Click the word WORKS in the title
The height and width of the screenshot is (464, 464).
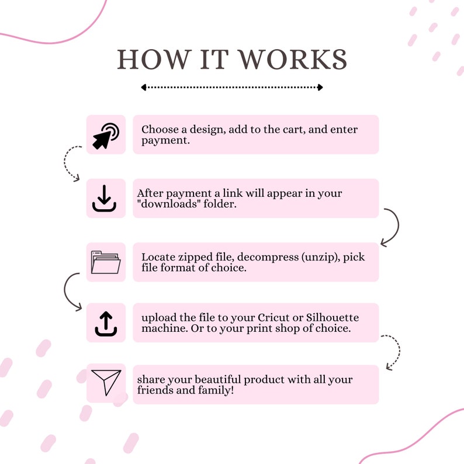(x=292, y=60)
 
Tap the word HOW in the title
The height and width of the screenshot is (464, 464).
(x=153, y=60)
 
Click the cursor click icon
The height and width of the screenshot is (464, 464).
(x=106, y=136)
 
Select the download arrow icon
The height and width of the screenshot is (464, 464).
(x=104, y=198)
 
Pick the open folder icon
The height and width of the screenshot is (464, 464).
(x=106, y=262)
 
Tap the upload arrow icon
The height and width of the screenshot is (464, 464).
(x=106, y=324)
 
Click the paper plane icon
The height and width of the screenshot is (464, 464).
(x=106, y=382)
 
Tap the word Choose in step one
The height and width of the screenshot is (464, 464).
(x=160, y=129)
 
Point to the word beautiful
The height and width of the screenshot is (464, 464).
(x=217, y=379)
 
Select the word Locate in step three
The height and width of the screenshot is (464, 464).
(x=158, y=257)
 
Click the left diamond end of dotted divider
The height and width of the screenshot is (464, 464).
(x=144, y=87)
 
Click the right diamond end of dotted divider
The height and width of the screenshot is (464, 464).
(x=320, y=87)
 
